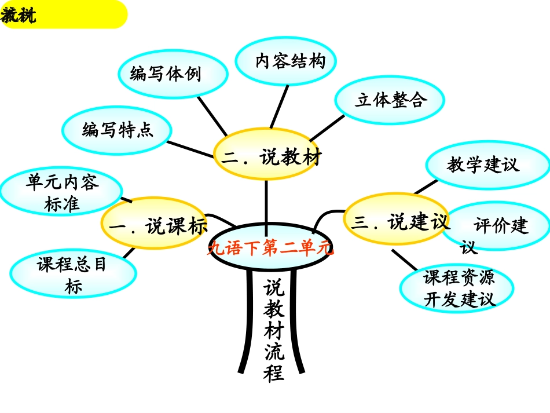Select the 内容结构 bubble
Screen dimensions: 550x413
tap(286, 61)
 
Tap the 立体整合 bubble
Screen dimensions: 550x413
tap(390, 100)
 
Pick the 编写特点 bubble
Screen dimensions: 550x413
tap(117, 130)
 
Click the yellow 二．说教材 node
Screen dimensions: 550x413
tap(267, 157)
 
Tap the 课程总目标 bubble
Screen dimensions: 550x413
tap(73, 274)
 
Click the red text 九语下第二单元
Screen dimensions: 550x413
tap(270, 248)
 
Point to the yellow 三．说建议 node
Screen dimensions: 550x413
tap(396, 222)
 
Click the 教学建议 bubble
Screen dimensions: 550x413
tap(487, 165)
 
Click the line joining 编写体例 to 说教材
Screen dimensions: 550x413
tap(212, 115)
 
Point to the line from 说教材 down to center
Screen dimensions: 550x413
tap(266, 203)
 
